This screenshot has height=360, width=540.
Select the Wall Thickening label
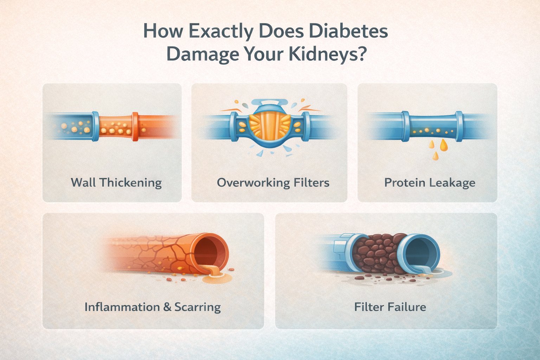coord(116,183)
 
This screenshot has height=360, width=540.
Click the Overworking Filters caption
coord(273,183)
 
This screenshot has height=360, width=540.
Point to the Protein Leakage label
coord(430,183)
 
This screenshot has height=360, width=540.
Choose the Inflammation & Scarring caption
coord(153,307)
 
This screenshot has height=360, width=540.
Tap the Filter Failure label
coord(390,307)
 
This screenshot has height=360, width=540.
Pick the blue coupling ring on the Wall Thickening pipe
coord(95,127)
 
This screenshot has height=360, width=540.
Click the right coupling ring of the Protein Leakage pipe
coord(459,126)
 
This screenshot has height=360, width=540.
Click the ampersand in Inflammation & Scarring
coord(168,307)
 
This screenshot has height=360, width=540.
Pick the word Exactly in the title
coord(221,31)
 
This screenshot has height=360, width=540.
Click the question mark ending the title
coord(360,54)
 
